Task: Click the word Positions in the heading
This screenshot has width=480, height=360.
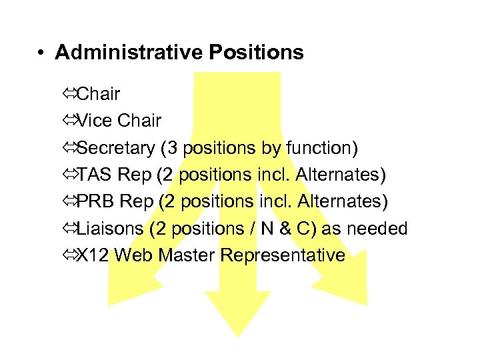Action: point(263,53)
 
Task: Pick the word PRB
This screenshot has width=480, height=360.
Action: point(97,201)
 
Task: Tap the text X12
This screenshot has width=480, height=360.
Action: point(93,255)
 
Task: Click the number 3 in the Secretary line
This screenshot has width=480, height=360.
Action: point(187,148)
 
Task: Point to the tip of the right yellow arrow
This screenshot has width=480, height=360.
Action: point(365,304)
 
